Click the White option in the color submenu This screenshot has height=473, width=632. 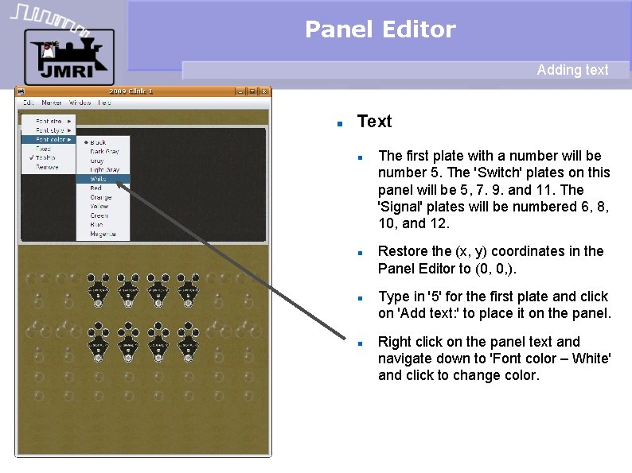99,179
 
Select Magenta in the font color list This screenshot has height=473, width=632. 103,234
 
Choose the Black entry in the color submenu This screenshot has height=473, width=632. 98,142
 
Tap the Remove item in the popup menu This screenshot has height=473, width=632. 47,167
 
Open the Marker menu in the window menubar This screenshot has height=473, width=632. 52,103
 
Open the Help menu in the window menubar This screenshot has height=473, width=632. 104,103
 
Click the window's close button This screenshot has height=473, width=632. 263,91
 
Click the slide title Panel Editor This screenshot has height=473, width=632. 380,30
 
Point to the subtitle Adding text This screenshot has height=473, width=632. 572,70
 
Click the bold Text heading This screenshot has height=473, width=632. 374,122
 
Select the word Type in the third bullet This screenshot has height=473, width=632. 392,297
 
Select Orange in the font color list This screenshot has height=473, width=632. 101,197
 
